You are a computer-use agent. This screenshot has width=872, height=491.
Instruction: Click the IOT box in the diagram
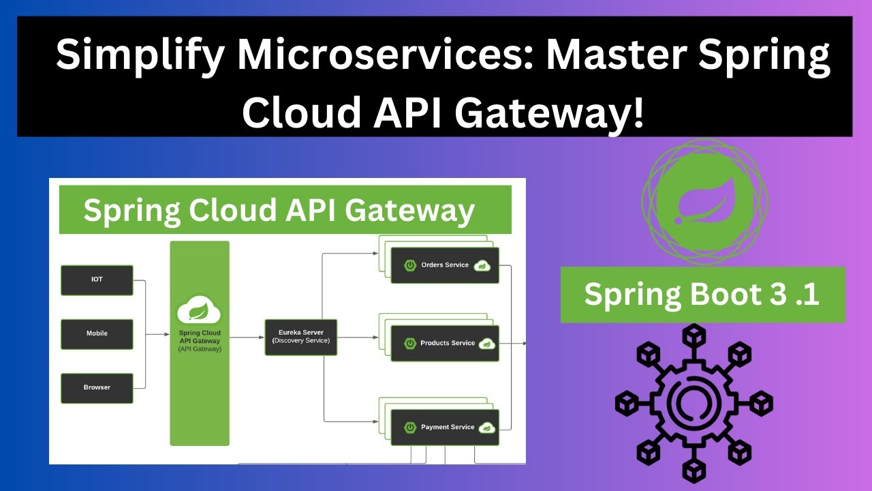click(x=97, y=280)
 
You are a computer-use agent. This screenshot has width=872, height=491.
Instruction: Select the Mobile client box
click(x=97, y=333)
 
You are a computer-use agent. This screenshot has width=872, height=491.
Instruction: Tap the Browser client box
click(x=97, y=387)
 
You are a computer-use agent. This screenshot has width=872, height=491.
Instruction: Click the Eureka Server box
click(x=300, y=336)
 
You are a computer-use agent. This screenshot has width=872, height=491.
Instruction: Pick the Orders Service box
click(x=445, y=265)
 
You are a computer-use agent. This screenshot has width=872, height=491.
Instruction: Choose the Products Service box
click(x=445, y=343)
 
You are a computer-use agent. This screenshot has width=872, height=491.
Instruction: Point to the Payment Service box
click(x=445, y=428)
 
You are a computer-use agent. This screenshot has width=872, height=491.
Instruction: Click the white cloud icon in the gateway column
click(x=199, y=311)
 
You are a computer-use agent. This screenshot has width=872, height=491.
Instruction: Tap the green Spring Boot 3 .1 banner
click(x=702, y=295)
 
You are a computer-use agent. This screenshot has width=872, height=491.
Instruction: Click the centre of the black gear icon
click(x=694, y=404)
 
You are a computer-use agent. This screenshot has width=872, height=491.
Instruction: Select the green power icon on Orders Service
click(x=410, y=265)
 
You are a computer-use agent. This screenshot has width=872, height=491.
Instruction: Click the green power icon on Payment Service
click(x=410, y=428)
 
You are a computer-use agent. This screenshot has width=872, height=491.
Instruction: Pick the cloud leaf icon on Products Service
click(x=486, y=344)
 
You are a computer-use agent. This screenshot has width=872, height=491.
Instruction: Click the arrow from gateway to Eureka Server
click(x=247, y=336)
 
